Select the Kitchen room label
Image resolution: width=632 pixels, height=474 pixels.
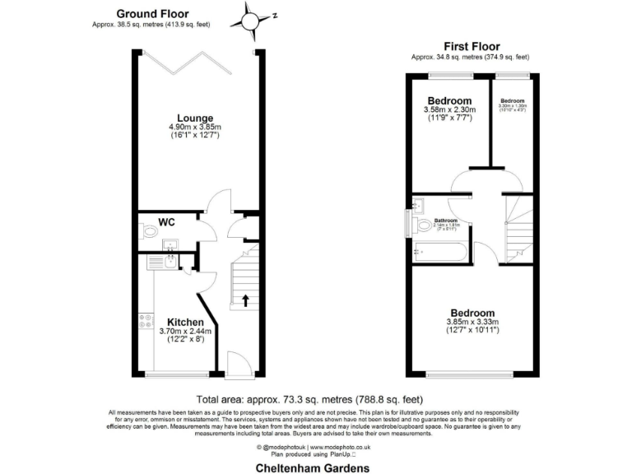pyautogui.click(x=185, y=321)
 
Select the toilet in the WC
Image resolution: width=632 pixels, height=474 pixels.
pyautogui.click(x=149, y=233)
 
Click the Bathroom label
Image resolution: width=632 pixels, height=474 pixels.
pyautogui.click(x=446, y=221)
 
